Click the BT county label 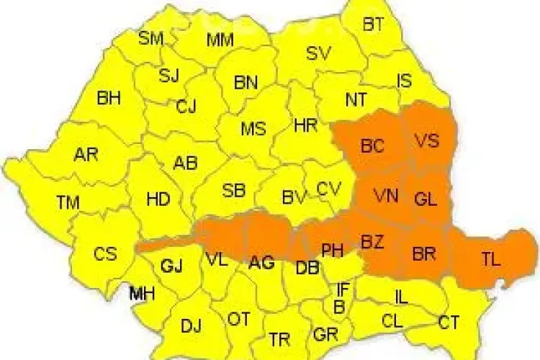pyautogui.click(x=373, y=24)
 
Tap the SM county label pyautogui.click(x=151, y=38)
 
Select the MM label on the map pyautogui.click(x=220, y=40)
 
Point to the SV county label pyautogui.click(x=318, y=53)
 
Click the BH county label pyautogui.click(x=109, y=98)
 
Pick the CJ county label pyautogui.click(x=186, y=107)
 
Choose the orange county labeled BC pyautogui.click(x=373, y=146)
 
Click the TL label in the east pyautogui.click(x=490, y=260)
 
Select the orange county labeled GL pyautogui.click(x=426, y=200)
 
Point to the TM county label pyautogui.click(x=68, y=203)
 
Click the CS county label pyautogui.click(x=105, y=253)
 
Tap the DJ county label pyautogui.click(x=191, y=326)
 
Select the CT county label pyautogui.click(x=449, y=323)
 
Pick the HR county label pyautogui.click(x=306, y=126)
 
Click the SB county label pyautogui.click(x=233, y=191)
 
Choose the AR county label pyautogui.click(x=86, y=154)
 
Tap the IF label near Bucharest pyautogui.click(x=343, y=290)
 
